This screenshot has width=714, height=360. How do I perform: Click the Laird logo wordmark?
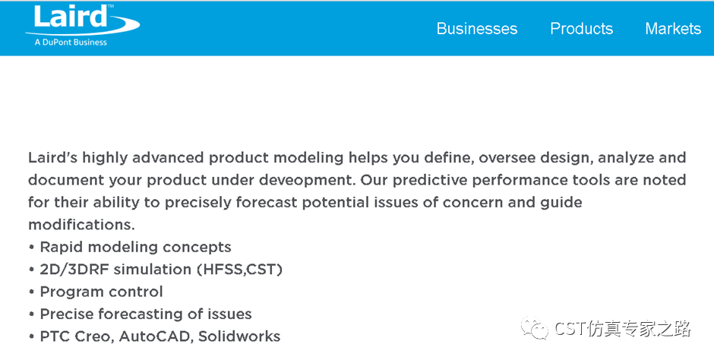pos(70,17)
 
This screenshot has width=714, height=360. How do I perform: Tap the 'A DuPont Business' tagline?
pos(71,43)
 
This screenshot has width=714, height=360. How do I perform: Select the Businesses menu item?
pos(477,29)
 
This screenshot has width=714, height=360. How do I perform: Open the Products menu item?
pos(582,29)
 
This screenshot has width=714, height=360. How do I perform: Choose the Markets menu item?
pos(673,29)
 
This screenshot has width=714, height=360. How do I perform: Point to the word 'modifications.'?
pos(81,224)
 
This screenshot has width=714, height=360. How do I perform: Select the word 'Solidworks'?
pos(239,336)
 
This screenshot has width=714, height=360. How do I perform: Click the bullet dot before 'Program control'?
pos(31,292)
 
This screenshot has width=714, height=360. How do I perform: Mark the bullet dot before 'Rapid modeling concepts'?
pos(31,247)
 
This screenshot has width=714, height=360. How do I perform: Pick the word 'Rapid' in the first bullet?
pos(62,248)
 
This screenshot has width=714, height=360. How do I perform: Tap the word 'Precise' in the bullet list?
pos(67,314)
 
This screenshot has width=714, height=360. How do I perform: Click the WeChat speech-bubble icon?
pos(535,328)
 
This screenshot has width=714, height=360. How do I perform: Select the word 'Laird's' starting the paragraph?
pos(53,158)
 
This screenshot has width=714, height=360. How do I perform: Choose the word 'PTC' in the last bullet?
pos(55,336)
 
